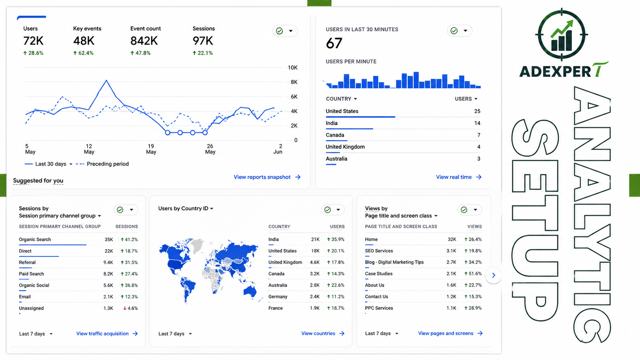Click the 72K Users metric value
tap(34, 41)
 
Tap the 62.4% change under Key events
tap(84, 53)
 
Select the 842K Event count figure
tap(144, 41)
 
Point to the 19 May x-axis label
tap(151, 149)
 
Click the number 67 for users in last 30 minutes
tap(334, 44)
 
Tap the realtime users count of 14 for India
tap(477, 123)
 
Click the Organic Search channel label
tap(35, 240)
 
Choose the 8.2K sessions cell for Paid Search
tap(108, 274)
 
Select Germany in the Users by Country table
tap(278, 296)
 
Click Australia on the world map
tap(250, 291)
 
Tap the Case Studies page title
tap(378, 274)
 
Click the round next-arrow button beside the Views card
tap(494, 275)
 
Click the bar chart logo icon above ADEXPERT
tap(562, 35)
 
